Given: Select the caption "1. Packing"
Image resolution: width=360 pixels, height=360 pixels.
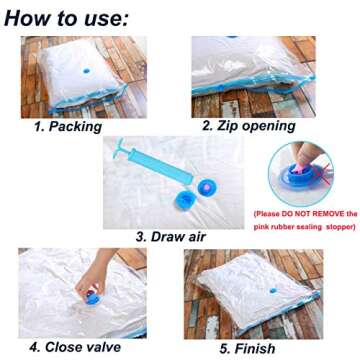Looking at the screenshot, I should click(x=67, y=127).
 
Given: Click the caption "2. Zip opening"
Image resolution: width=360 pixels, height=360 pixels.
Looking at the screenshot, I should click(x=248, y=127).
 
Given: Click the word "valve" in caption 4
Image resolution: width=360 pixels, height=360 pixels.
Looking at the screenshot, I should click(x=101, y=347).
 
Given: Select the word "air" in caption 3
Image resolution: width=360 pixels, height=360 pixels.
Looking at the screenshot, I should click(x=194, y=237).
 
